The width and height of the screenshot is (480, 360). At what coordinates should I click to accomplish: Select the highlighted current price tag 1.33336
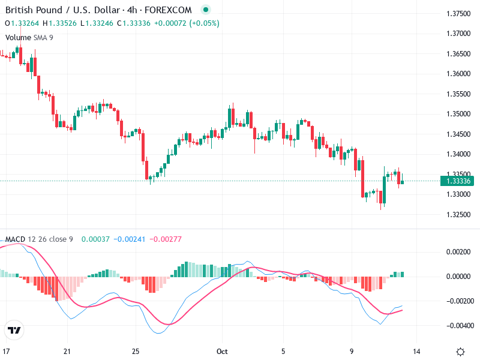(x=458, y=181)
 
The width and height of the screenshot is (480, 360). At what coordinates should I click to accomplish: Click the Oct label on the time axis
(x=223, y=352)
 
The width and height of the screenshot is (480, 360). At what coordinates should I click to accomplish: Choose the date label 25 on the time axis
(x=136, y=352)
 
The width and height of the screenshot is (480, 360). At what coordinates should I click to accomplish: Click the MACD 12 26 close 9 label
(x=39, y=239)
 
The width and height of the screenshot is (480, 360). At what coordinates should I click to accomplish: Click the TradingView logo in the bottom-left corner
(x=14, y=331)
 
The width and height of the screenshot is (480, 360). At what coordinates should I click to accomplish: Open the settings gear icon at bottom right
(x=460, y=352)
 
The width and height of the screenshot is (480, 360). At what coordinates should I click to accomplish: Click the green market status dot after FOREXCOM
(x=206, y=10)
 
